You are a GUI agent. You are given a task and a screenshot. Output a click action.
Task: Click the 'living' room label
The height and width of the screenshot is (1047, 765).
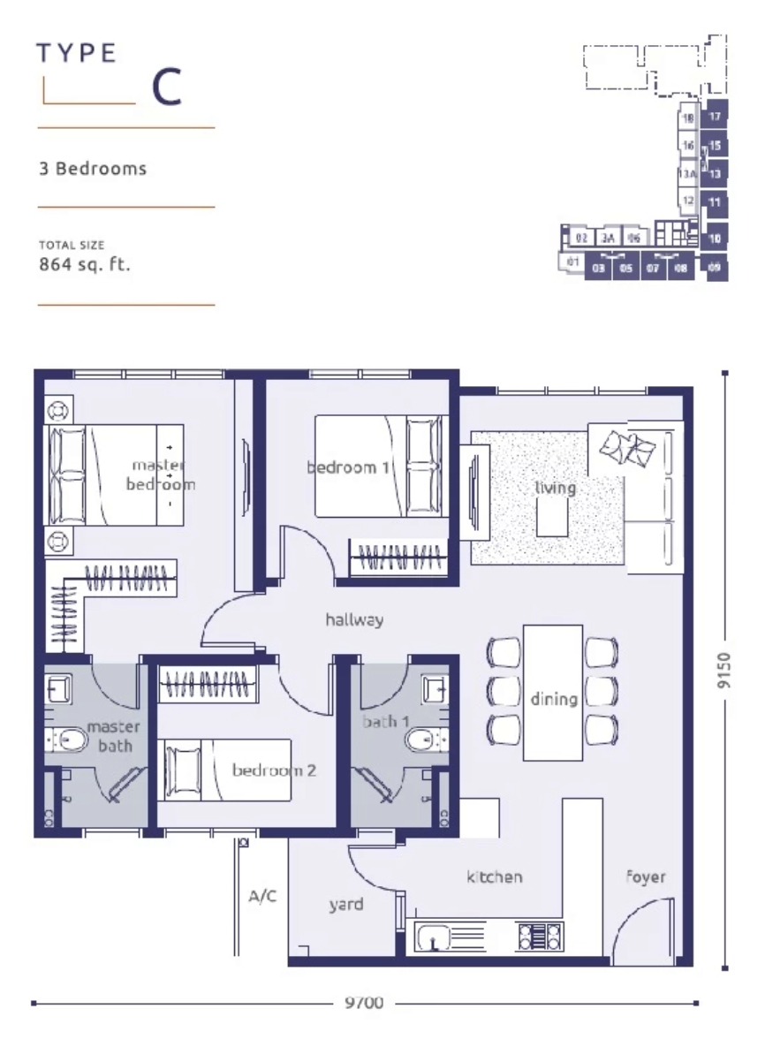tap(555, 488)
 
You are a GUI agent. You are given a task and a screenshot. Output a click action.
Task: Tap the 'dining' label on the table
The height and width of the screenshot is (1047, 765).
tap(554, 699)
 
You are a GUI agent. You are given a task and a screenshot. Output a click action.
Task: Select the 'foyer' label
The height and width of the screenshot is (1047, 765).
tap(646, 876)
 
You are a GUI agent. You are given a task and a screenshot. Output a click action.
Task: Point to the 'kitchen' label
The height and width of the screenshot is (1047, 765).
tap(494, 876)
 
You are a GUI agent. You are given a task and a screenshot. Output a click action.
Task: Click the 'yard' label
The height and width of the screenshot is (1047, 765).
tap(345, 904)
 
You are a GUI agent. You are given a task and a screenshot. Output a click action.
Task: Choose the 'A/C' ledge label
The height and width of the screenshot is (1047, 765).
tap(262, 897)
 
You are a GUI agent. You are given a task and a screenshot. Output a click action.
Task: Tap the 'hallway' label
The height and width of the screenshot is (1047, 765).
tap(354, 619)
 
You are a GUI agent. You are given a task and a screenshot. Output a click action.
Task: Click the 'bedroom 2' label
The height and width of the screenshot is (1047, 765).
tap(274, 770)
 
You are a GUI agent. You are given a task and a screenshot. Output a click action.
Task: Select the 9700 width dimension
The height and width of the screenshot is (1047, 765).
tap(363, 1003)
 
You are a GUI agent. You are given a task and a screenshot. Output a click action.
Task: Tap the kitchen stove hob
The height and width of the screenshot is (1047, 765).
tap(540, 937)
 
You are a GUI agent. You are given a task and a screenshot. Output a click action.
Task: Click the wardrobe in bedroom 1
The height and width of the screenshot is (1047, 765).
tap(397, 558)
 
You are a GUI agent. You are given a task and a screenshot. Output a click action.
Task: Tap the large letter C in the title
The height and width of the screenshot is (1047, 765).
tap(167, 87)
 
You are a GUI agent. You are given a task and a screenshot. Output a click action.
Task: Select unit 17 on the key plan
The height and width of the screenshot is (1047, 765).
tap(715, 116)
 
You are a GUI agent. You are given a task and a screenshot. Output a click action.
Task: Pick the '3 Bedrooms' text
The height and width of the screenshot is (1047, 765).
tap(93, 168)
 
